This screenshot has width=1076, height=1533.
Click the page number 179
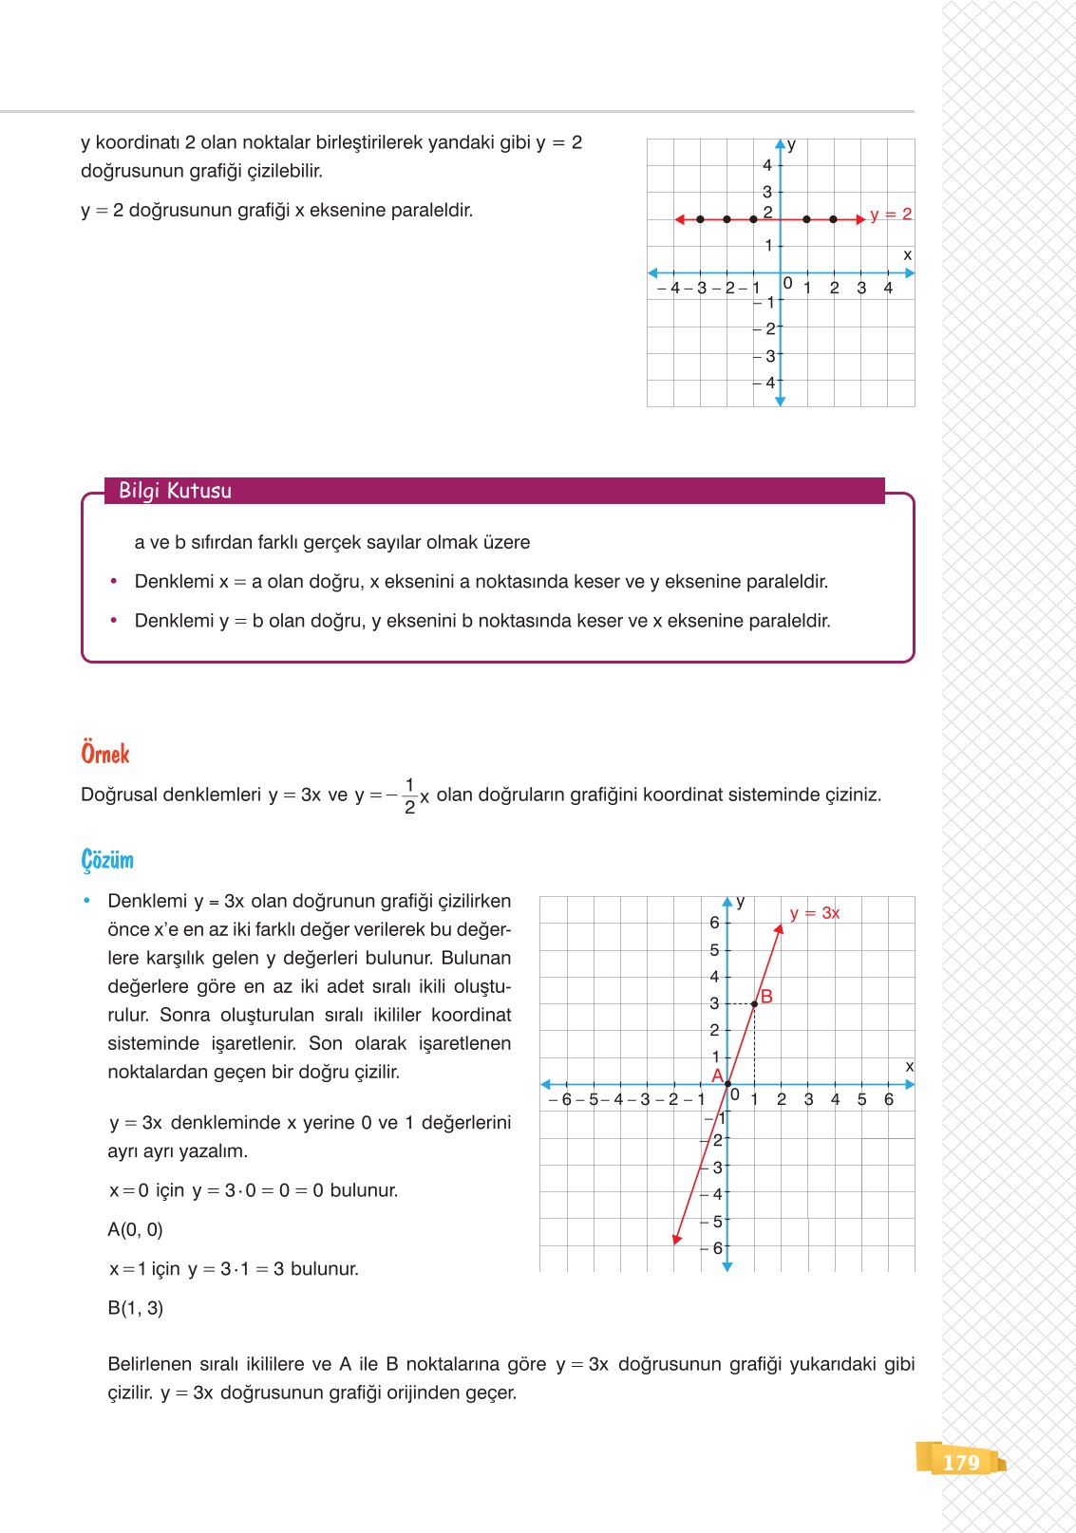tap(960, 1462)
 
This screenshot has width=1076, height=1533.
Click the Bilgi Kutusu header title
tap(175, 491)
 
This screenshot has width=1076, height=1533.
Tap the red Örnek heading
tap(104, 754)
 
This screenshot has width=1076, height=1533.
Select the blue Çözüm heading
tap(107, 860)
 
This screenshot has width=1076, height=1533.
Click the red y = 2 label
tap(890, 215)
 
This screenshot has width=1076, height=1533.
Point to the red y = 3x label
tap(814, 913)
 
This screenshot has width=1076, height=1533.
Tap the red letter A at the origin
tap(717, 1075)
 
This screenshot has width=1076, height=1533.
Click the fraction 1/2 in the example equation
tap(409, 795)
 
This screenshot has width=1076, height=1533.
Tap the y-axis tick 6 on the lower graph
tap(714, 923)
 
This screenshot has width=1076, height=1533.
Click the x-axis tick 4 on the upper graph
tap(888, 288)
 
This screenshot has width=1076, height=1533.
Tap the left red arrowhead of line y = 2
tap(679, 219)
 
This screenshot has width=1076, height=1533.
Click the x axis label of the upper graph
tap(907, 255)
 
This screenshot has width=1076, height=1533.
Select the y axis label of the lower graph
tap(741, 902)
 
